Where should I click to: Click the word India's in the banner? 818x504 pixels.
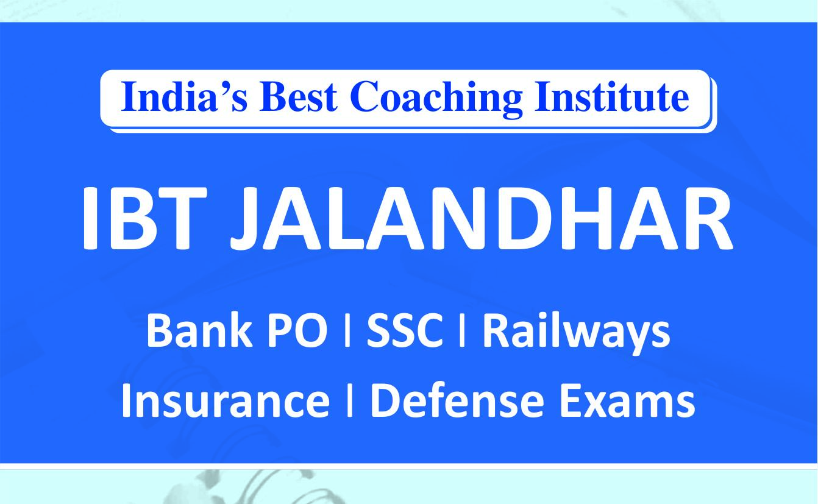click(x=185, y=97)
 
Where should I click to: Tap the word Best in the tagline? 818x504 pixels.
click(x=298, y=97)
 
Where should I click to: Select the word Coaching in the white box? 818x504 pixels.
click(x=436, y=99)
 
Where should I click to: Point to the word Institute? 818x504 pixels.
click(x=612, y=97)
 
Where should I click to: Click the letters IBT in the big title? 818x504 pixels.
click(x=144, y=218)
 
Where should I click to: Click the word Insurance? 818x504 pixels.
click(x=226, y=400)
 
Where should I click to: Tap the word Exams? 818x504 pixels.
click(x=627, y=400)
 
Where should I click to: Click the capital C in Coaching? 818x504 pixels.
click(x=366, y=97)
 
